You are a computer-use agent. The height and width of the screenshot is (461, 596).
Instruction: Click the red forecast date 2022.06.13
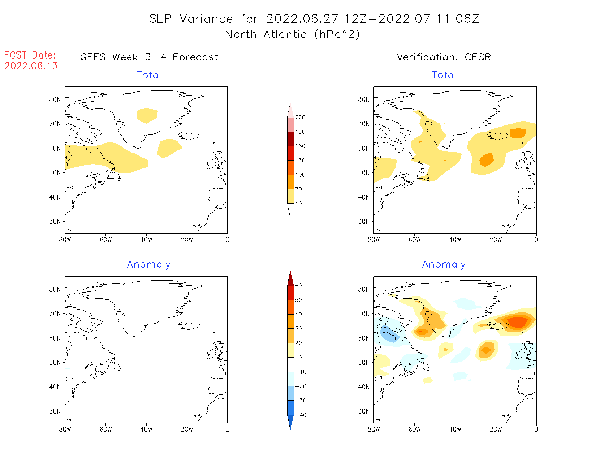click(x=31, y=66)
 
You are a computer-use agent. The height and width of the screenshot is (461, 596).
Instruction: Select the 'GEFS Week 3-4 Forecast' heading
click(x=149, y=57)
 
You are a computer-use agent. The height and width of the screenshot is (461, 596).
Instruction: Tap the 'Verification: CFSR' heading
click(x=444, y=57)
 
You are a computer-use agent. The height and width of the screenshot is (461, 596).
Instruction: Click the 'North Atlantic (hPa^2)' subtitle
click(x=292, y=34)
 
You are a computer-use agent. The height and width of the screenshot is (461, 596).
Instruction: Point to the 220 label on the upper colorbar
click(x=300, y=118)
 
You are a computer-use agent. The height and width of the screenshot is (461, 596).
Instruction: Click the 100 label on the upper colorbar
click(x=300, y=175)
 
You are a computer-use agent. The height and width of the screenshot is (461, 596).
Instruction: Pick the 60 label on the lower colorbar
click(x=298, y=286)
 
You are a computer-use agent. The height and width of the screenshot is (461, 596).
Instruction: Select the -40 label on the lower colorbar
click(x=300, y=415)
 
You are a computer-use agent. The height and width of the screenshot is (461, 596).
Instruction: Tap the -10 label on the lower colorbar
click(x=300, y=372)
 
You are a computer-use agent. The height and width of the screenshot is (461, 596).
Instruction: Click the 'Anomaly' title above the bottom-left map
click(x=148, y=265)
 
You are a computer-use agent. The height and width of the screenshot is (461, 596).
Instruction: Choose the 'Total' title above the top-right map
click(x=444, y=75)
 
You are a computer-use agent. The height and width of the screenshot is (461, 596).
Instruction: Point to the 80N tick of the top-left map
click(x=55, y=99)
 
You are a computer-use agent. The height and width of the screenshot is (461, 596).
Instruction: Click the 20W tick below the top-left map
click(x=187, y=239)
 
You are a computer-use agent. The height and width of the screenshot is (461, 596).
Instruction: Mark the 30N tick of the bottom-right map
click(x=364, y=411)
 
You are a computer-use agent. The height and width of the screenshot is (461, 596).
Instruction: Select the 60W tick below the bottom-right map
click(x=414, y=429)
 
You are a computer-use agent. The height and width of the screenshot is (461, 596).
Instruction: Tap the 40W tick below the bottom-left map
click(x=146, y=429)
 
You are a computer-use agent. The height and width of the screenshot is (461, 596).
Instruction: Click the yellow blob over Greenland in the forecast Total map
click(x=147, y=115)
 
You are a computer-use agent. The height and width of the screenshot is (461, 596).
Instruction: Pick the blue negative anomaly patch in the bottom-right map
click(x=389, y=334)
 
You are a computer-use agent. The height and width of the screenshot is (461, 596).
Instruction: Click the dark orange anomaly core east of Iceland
click(x=518, y=321)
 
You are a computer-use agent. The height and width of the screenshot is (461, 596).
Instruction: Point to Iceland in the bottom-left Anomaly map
click(x=189, y=325)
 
